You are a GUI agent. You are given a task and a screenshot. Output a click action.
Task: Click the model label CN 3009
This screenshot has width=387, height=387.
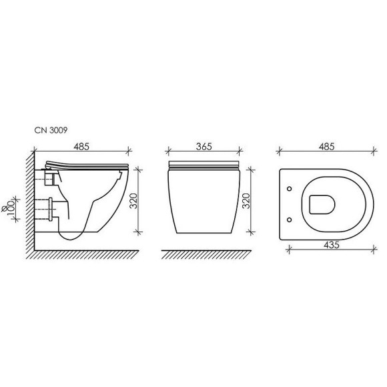(x=51, y=130)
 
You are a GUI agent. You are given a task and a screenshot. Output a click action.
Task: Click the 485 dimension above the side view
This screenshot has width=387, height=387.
(x=81, y=147)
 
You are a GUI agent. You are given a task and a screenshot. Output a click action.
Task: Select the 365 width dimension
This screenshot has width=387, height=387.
(x=204, y=147)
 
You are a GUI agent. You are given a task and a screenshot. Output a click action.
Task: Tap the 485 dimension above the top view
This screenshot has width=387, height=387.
(x=326, y=147)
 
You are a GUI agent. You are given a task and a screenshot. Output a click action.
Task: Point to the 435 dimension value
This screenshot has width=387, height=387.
(x=332, y=245)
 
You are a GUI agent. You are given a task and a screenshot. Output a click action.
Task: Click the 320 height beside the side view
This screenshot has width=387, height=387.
(x=133, y=201)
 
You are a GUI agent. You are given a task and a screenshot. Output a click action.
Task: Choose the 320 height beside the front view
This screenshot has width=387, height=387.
(x=246, y=201)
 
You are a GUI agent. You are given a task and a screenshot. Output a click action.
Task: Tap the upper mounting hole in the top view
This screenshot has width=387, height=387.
(x=290, y=189)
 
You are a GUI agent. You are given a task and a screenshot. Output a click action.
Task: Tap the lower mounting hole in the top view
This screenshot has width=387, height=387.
(x=290, y=220)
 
